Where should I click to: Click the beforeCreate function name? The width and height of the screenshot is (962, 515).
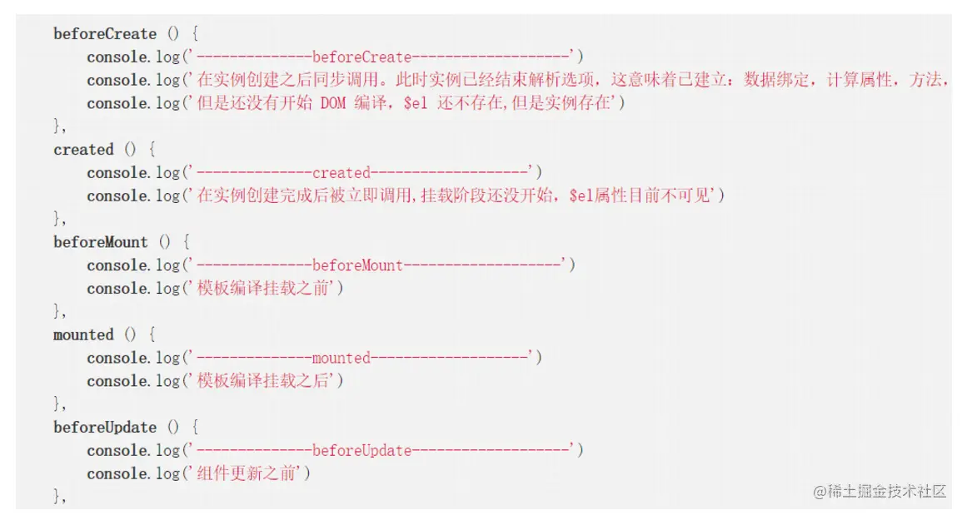[x=104, y=34]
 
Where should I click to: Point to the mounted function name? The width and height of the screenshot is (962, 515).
[x=83, y=334]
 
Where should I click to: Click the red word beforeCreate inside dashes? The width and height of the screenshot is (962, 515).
[x=361, y=57]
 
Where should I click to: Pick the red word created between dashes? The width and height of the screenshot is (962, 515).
[x=341, y=173]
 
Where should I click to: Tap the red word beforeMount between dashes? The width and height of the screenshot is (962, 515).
[x=357, y=265]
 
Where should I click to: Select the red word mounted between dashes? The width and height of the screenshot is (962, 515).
[x=341, y=358]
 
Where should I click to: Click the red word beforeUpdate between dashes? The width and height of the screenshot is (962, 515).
[x=361, y=450]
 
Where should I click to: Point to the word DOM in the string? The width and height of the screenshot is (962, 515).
[x=332, y=104]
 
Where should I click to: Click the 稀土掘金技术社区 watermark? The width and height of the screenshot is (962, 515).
[x=880, y=491]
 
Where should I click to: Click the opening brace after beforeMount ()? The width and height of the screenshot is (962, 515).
[x=187, y=242]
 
